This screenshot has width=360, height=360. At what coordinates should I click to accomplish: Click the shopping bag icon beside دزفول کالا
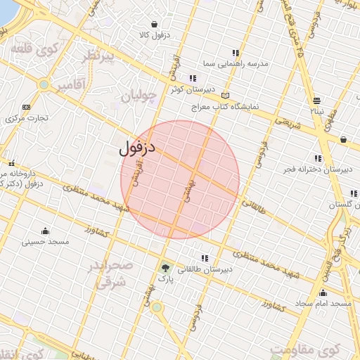click(153, 25)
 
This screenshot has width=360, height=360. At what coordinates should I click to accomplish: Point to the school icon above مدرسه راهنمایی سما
click(236, 53)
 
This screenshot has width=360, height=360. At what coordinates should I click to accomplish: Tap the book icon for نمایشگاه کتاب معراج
click(225, 95)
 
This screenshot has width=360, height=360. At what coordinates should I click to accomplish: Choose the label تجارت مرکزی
click(27, 117)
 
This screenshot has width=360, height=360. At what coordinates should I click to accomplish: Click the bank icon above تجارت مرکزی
click(27, 107)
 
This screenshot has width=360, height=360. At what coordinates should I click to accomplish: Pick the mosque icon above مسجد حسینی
click(46, 231)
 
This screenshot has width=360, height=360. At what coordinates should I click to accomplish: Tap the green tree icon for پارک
click(165, 268)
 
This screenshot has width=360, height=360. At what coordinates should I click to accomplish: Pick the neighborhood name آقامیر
click(70, 85)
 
